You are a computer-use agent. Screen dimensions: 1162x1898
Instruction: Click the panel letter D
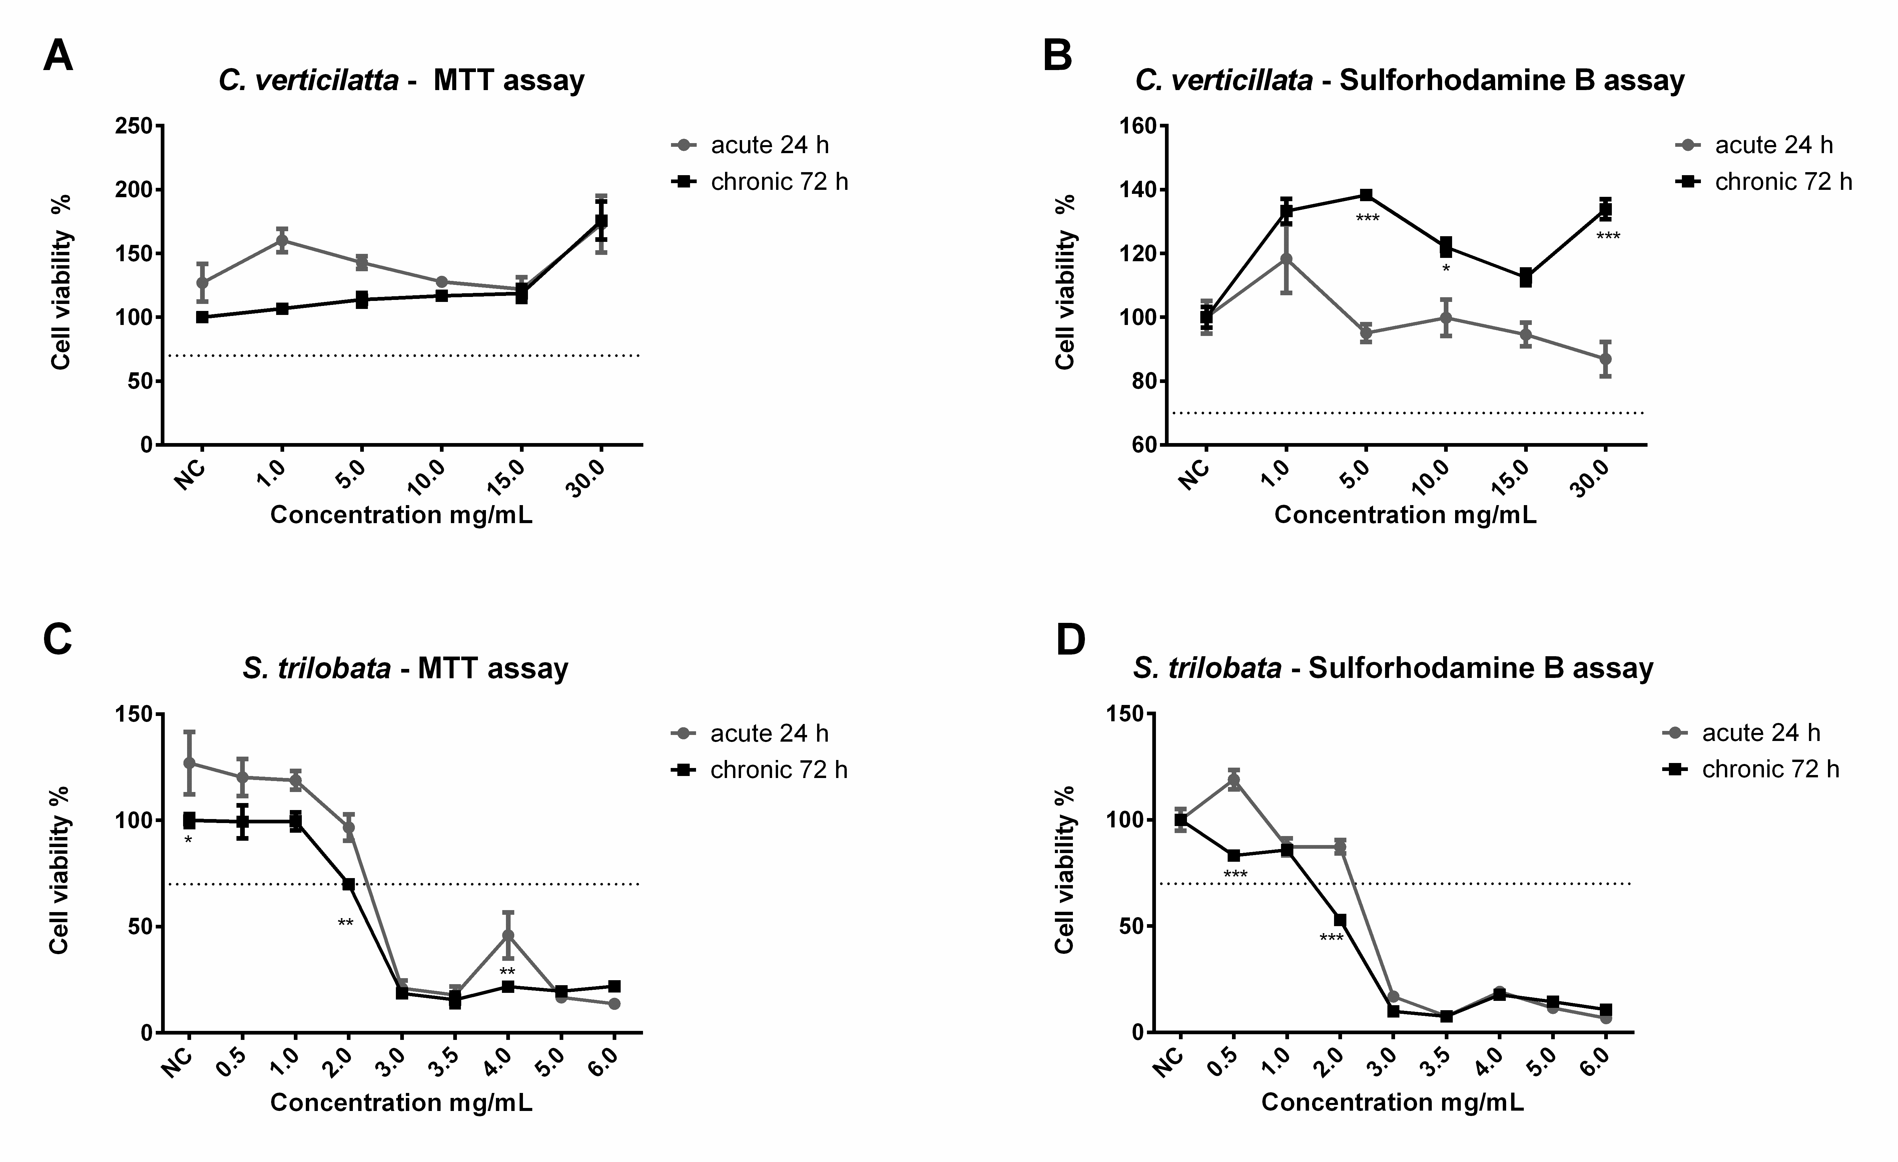coord(1070,640)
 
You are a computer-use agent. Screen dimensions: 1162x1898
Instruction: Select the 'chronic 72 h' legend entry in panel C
coord(778,770)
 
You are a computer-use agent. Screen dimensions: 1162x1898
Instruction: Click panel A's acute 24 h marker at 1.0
coord(282,240)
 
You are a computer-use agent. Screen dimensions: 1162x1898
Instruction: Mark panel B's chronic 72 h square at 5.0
coord(1366,195)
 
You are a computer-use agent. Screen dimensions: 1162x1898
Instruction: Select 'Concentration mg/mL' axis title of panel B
coord(1405,515)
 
